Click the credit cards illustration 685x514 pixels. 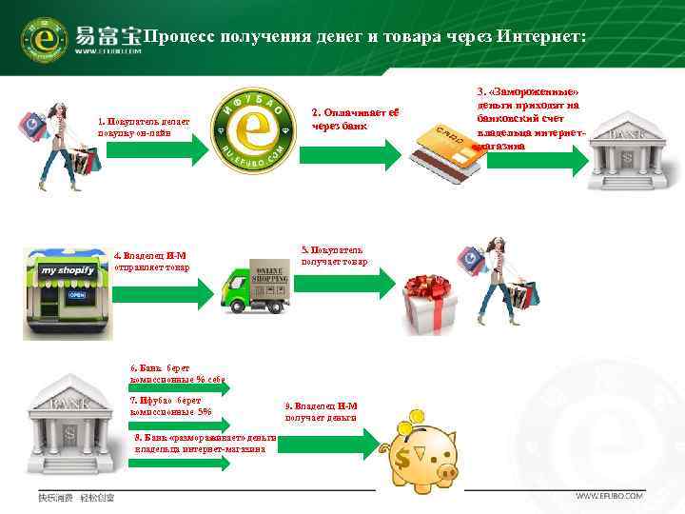pyautogui.click(x=447, y=151)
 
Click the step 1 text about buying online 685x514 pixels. pyautogui.click(x=143, y=127)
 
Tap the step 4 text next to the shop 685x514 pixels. pyautogui.click(x=150, y=261)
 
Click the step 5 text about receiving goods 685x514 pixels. pyautogui.click(x=334, y=254)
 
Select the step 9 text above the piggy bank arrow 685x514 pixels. pyautogui.click(x=320, y=411)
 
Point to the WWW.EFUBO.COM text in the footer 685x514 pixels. pyautogui.click(x=610, y=496)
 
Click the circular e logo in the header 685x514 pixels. pyautogui.click(x=44, y=38)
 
